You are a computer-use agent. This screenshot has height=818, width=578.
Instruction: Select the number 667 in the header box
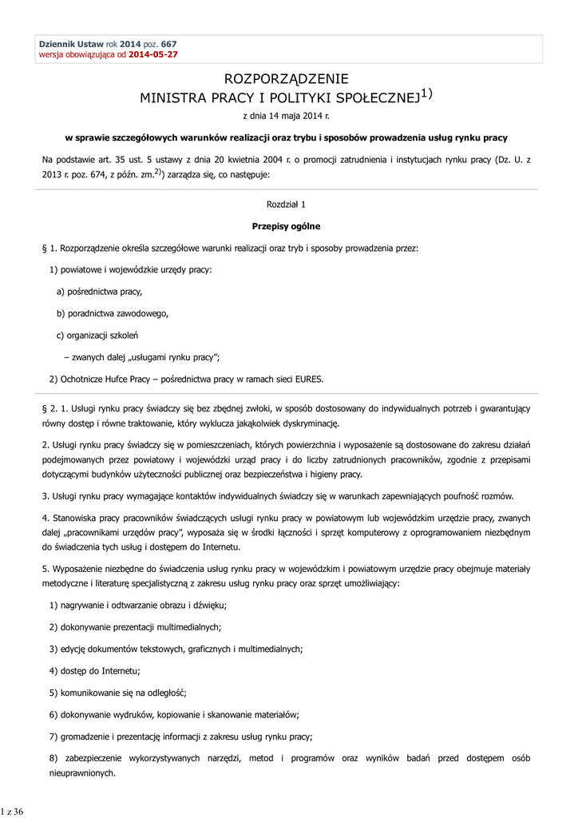tap(168, 43)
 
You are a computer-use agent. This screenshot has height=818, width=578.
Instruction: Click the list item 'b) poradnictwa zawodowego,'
tap(113, 313)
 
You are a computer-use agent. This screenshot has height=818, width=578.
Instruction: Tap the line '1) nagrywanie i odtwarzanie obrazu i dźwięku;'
tap(138, 606)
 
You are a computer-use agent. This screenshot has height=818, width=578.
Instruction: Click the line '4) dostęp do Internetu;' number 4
tap(53, 670)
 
